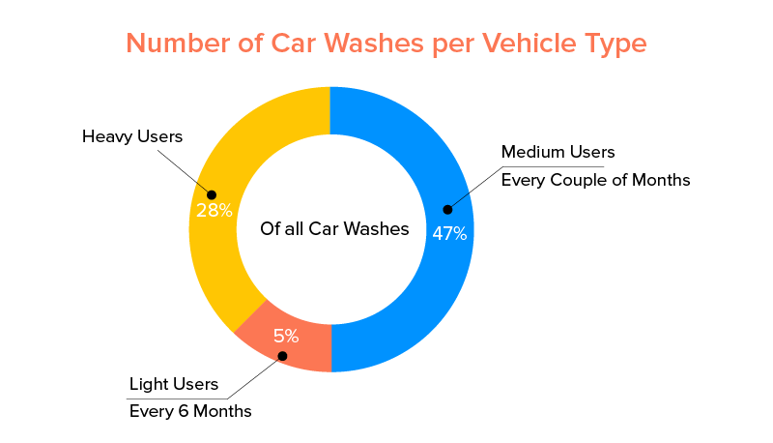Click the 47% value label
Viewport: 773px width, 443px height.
click(449, 233)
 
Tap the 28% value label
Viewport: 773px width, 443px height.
click(214, 210)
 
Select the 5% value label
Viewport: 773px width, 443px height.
click(286, 337)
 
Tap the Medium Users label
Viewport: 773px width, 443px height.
click(558, 152)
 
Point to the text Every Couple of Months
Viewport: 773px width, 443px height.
click(595, 180)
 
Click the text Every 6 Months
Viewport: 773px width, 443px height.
click(190, 411)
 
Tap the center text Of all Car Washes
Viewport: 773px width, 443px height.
click(334, 229)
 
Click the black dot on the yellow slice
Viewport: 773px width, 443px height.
click(212, 193)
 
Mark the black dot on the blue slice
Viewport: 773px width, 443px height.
click(446, 208)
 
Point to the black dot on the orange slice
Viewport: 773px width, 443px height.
click(282, 356)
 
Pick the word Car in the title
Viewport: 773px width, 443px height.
click(291, 44)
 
